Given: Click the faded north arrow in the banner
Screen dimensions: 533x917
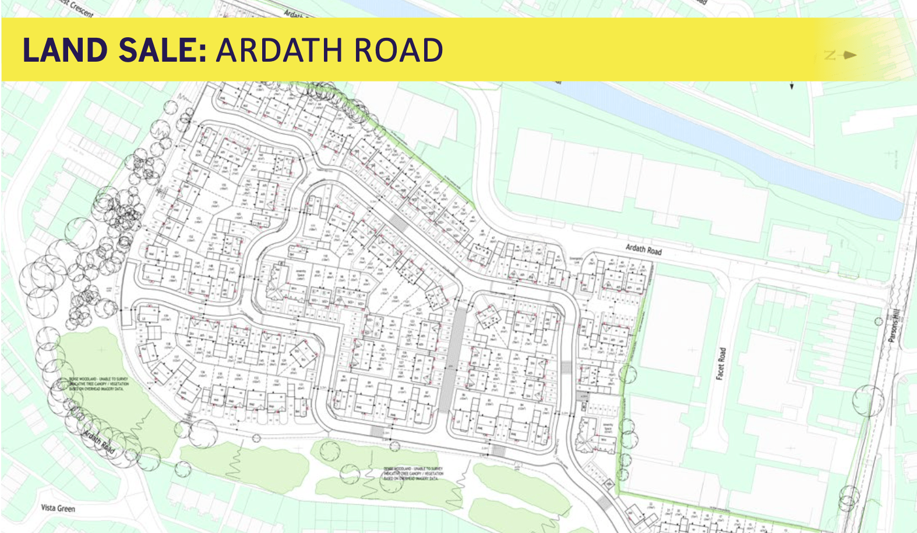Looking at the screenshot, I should click(841, 55).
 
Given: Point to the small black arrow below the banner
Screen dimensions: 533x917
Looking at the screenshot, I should click(792, 86).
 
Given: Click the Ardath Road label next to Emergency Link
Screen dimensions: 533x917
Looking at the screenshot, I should click(643, 249).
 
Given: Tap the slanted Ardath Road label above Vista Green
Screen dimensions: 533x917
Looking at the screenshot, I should click(98, 443).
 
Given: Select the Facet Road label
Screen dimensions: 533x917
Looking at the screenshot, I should click(721, 364).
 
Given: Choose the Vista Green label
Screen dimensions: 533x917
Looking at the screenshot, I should click(58, 508).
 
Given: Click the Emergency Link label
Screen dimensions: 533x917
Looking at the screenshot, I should click(576, 260).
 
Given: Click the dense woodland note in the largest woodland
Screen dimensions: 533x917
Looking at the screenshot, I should click(98, 383).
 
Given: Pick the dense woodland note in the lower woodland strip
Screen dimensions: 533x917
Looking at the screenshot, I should click(413, 473).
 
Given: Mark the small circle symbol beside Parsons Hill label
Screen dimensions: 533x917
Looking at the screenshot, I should click(879, 321).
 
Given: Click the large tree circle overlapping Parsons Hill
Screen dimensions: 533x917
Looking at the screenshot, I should click(868, 401).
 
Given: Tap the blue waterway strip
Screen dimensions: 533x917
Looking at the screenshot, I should click(728, 140).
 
